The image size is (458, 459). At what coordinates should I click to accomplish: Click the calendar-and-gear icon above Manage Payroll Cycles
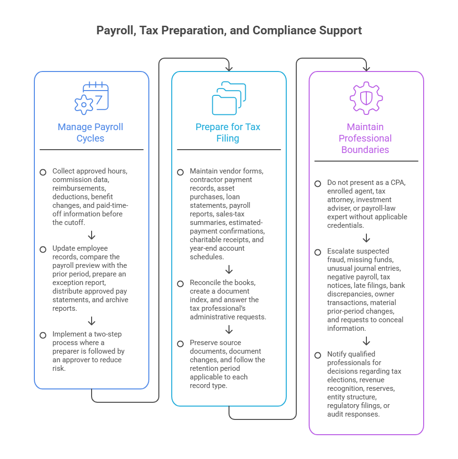[92, 98]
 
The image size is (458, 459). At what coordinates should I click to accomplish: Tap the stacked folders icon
[229, 98]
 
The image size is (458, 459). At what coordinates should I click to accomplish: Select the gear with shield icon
[366, 98]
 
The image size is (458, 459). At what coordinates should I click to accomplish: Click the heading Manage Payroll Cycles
[90, 133]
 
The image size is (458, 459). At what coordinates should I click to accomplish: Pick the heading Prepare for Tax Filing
[228, 133]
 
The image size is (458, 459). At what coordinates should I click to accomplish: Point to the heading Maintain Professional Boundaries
[365, 138]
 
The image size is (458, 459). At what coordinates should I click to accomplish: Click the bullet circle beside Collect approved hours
[43, 172]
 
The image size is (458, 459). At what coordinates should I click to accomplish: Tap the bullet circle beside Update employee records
[43, 249]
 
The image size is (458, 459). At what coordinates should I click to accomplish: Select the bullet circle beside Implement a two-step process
[43, 335]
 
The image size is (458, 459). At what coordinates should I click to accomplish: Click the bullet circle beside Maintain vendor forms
[180, 172]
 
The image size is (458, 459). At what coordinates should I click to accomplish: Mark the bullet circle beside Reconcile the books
[180, 284]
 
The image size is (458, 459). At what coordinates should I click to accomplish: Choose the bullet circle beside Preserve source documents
[180, 344]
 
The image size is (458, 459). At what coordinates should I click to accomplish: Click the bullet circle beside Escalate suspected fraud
[318, 252]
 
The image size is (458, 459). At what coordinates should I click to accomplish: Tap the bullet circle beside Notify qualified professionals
[318, 355]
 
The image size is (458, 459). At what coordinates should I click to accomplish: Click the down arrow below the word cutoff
[92, 235]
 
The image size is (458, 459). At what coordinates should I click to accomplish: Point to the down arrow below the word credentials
[366, 238]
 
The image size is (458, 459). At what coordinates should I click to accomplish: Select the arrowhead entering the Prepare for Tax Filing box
[229, 69]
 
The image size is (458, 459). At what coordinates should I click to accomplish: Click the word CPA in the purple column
[397, 183]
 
